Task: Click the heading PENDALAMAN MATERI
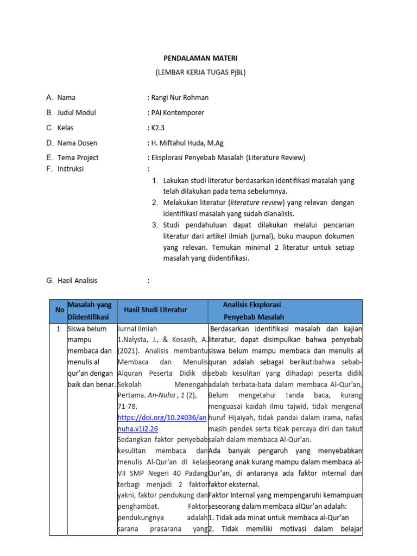pyautogui.click(x=201, y=58)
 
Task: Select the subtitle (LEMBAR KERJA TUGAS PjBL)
pyautogui.click(x=201, y=72)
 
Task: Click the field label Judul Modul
pyautogui.click(x=77, y=113)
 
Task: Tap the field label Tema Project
pyautogui.click(x=78, y=158)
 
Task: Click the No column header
pyautogui.click(x=59, y=309)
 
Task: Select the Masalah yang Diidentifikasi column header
pyautogui.click(x=89, y=311)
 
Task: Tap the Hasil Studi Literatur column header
pyautogui.click(x=155, y=309)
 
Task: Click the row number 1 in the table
pyautogui.click(x=59, y=329)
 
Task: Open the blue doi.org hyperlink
pyautogui.click(x=162, y=423)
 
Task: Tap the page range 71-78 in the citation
pyautogui.click(x=128, y=407)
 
